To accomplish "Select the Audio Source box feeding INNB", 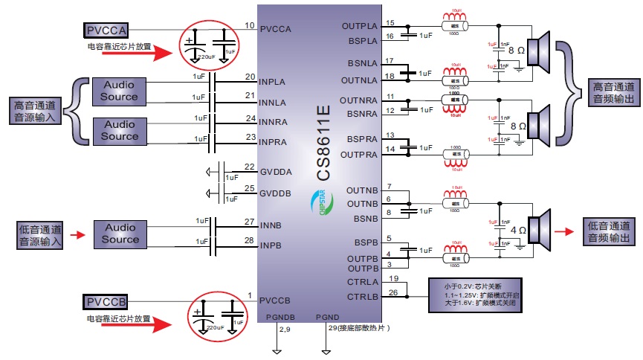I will tap(120, 234).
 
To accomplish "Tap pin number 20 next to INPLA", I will tap(250, 77).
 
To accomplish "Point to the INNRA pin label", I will tap(277, 121).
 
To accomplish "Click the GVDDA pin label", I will tap(276, 172).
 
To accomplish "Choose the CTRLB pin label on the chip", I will tap(363, 296).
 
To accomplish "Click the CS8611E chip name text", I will tap(323, 142).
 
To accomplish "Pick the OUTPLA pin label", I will tap(360, 26).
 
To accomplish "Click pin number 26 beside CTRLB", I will tap(392, 292).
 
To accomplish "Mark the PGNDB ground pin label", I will tap(280, 318).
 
